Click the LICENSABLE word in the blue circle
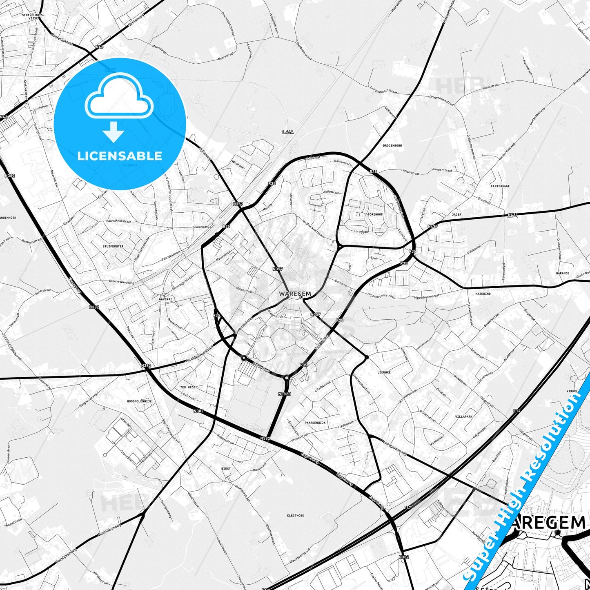(120, 156)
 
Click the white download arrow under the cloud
(114, 132)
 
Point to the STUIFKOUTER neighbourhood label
(113, 246)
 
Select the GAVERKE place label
(165, 299)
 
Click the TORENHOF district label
(375, 214)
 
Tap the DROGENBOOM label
(392, 145)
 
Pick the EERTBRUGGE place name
(500, 186)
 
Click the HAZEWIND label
(483, 294)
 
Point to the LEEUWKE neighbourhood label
(384, 372)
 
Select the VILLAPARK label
(463, 417)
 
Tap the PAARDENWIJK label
(315, 423)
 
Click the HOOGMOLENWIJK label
(139, 401)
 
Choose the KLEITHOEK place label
(296, 515)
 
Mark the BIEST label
(226, 468)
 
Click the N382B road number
(285, 394)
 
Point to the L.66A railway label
(288, 132)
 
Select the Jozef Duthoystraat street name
(199, 354)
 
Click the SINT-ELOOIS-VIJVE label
(33, 17)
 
